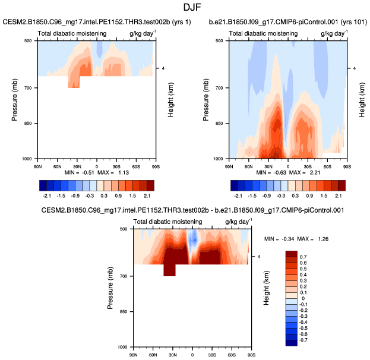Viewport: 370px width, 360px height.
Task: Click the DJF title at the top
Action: tap(185, 7)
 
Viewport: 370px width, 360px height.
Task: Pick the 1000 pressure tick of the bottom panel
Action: tap(124, 346)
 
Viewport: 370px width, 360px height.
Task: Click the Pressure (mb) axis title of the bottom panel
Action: tap(111, 287)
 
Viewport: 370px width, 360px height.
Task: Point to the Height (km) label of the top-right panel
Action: tap(362, 99)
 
